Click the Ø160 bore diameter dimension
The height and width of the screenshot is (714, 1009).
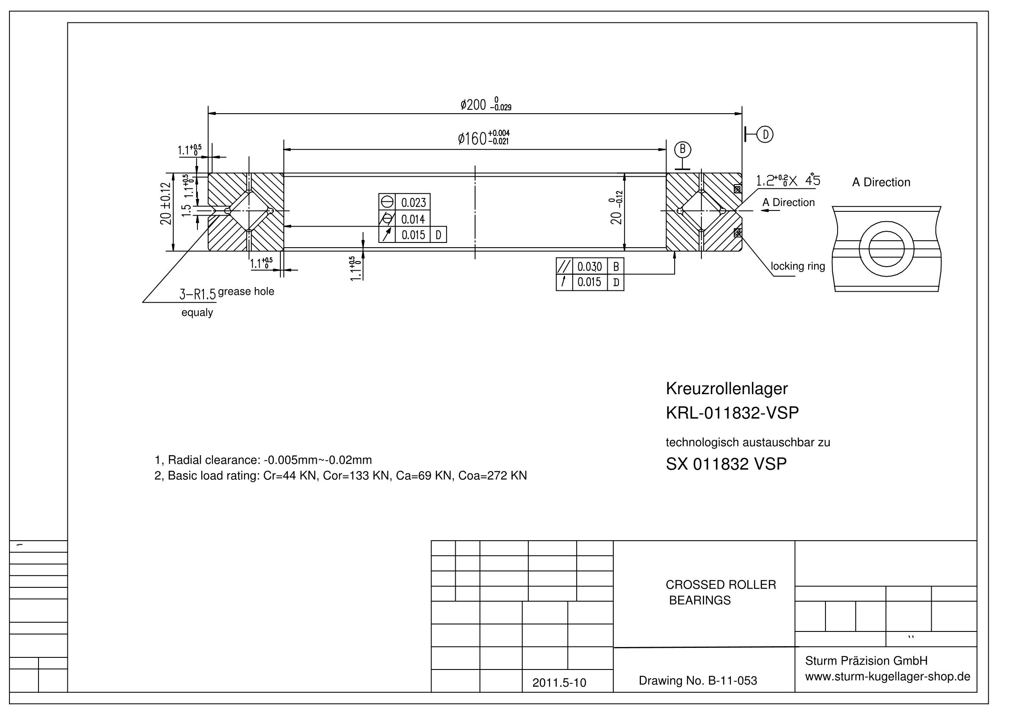click(x=483, y=138)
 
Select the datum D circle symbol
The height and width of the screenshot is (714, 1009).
click(x=765, y=134)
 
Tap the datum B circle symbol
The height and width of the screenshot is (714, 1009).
click(x=682, y=150)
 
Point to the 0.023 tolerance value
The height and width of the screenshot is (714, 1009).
click(x=413, y=203)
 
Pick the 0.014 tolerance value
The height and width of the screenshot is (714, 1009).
click(x=413, y=219)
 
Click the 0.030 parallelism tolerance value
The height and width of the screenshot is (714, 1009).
click(x=589, y=266)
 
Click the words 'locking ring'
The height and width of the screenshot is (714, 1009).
click(x=798, y=266)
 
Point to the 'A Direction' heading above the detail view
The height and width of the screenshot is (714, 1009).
click(x=881, y=182)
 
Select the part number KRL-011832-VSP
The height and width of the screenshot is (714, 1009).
click(x=732, y=413)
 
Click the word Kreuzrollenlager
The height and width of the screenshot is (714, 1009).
click(x=727, y=388)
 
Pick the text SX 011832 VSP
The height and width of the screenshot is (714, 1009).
click(x=726, y=464)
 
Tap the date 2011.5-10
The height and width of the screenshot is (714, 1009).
click(x=559, y=682)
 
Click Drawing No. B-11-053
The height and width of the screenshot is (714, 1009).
click(x=698, y=681)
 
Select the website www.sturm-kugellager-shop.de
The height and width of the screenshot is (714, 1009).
click(x=888, y=676)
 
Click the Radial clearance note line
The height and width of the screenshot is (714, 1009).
click(x=263, y=460)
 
